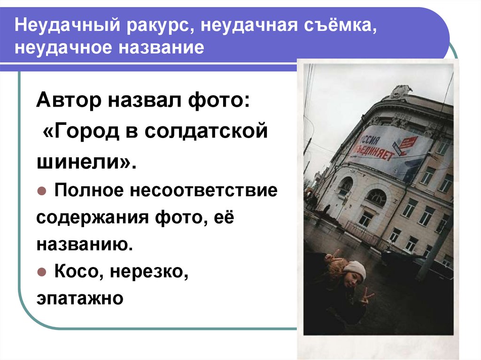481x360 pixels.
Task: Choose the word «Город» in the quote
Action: pyautogui.click(x=89, y=132)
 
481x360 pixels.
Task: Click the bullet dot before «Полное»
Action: pyautogui.click(x=41, y=191)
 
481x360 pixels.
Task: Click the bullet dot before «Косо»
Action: pyautogui.click(x=41, y=272)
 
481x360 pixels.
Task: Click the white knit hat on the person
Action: pyautogui.click(x=355, y=269)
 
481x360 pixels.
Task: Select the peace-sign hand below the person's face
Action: pyautogui.click(x=366, y=297)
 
